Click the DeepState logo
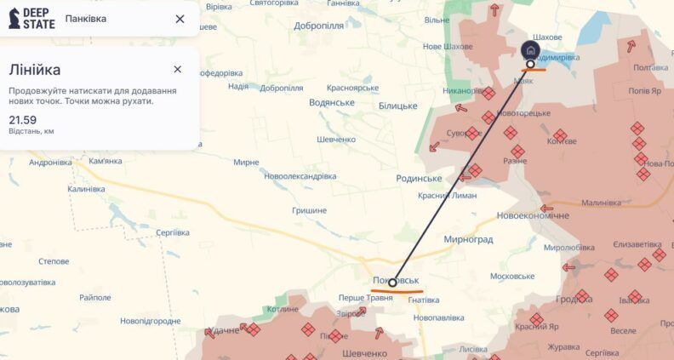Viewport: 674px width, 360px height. coord(31,19)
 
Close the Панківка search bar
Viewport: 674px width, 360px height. coord(180,19)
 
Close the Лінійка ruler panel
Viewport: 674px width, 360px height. coord(177,69)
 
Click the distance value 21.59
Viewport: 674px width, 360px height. coord(23,120)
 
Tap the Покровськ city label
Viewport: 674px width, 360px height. coord(396,279)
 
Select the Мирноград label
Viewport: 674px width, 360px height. coord(467,239)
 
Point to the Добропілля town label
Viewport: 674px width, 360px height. coord(319,26)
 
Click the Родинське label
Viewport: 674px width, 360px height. coord(419,178)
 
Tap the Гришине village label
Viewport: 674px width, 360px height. coord(309,210)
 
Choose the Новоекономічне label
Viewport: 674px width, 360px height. coord(533,215)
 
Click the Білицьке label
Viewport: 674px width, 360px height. coord(397,106)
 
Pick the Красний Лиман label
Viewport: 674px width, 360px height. coord(448,195)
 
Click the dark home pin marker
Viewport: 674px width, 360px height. coord(530,50)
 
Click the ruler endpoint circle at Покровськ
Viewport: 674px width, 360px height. coord(392,283)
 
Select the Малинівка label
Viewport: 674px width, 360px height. coord(602,203)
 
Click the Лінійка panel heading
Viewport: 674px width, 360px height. coord(35,70)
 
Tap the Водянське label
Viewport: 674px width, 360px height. coord(332,102)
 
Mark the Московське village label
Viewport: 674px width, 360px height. coord(511,276)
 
